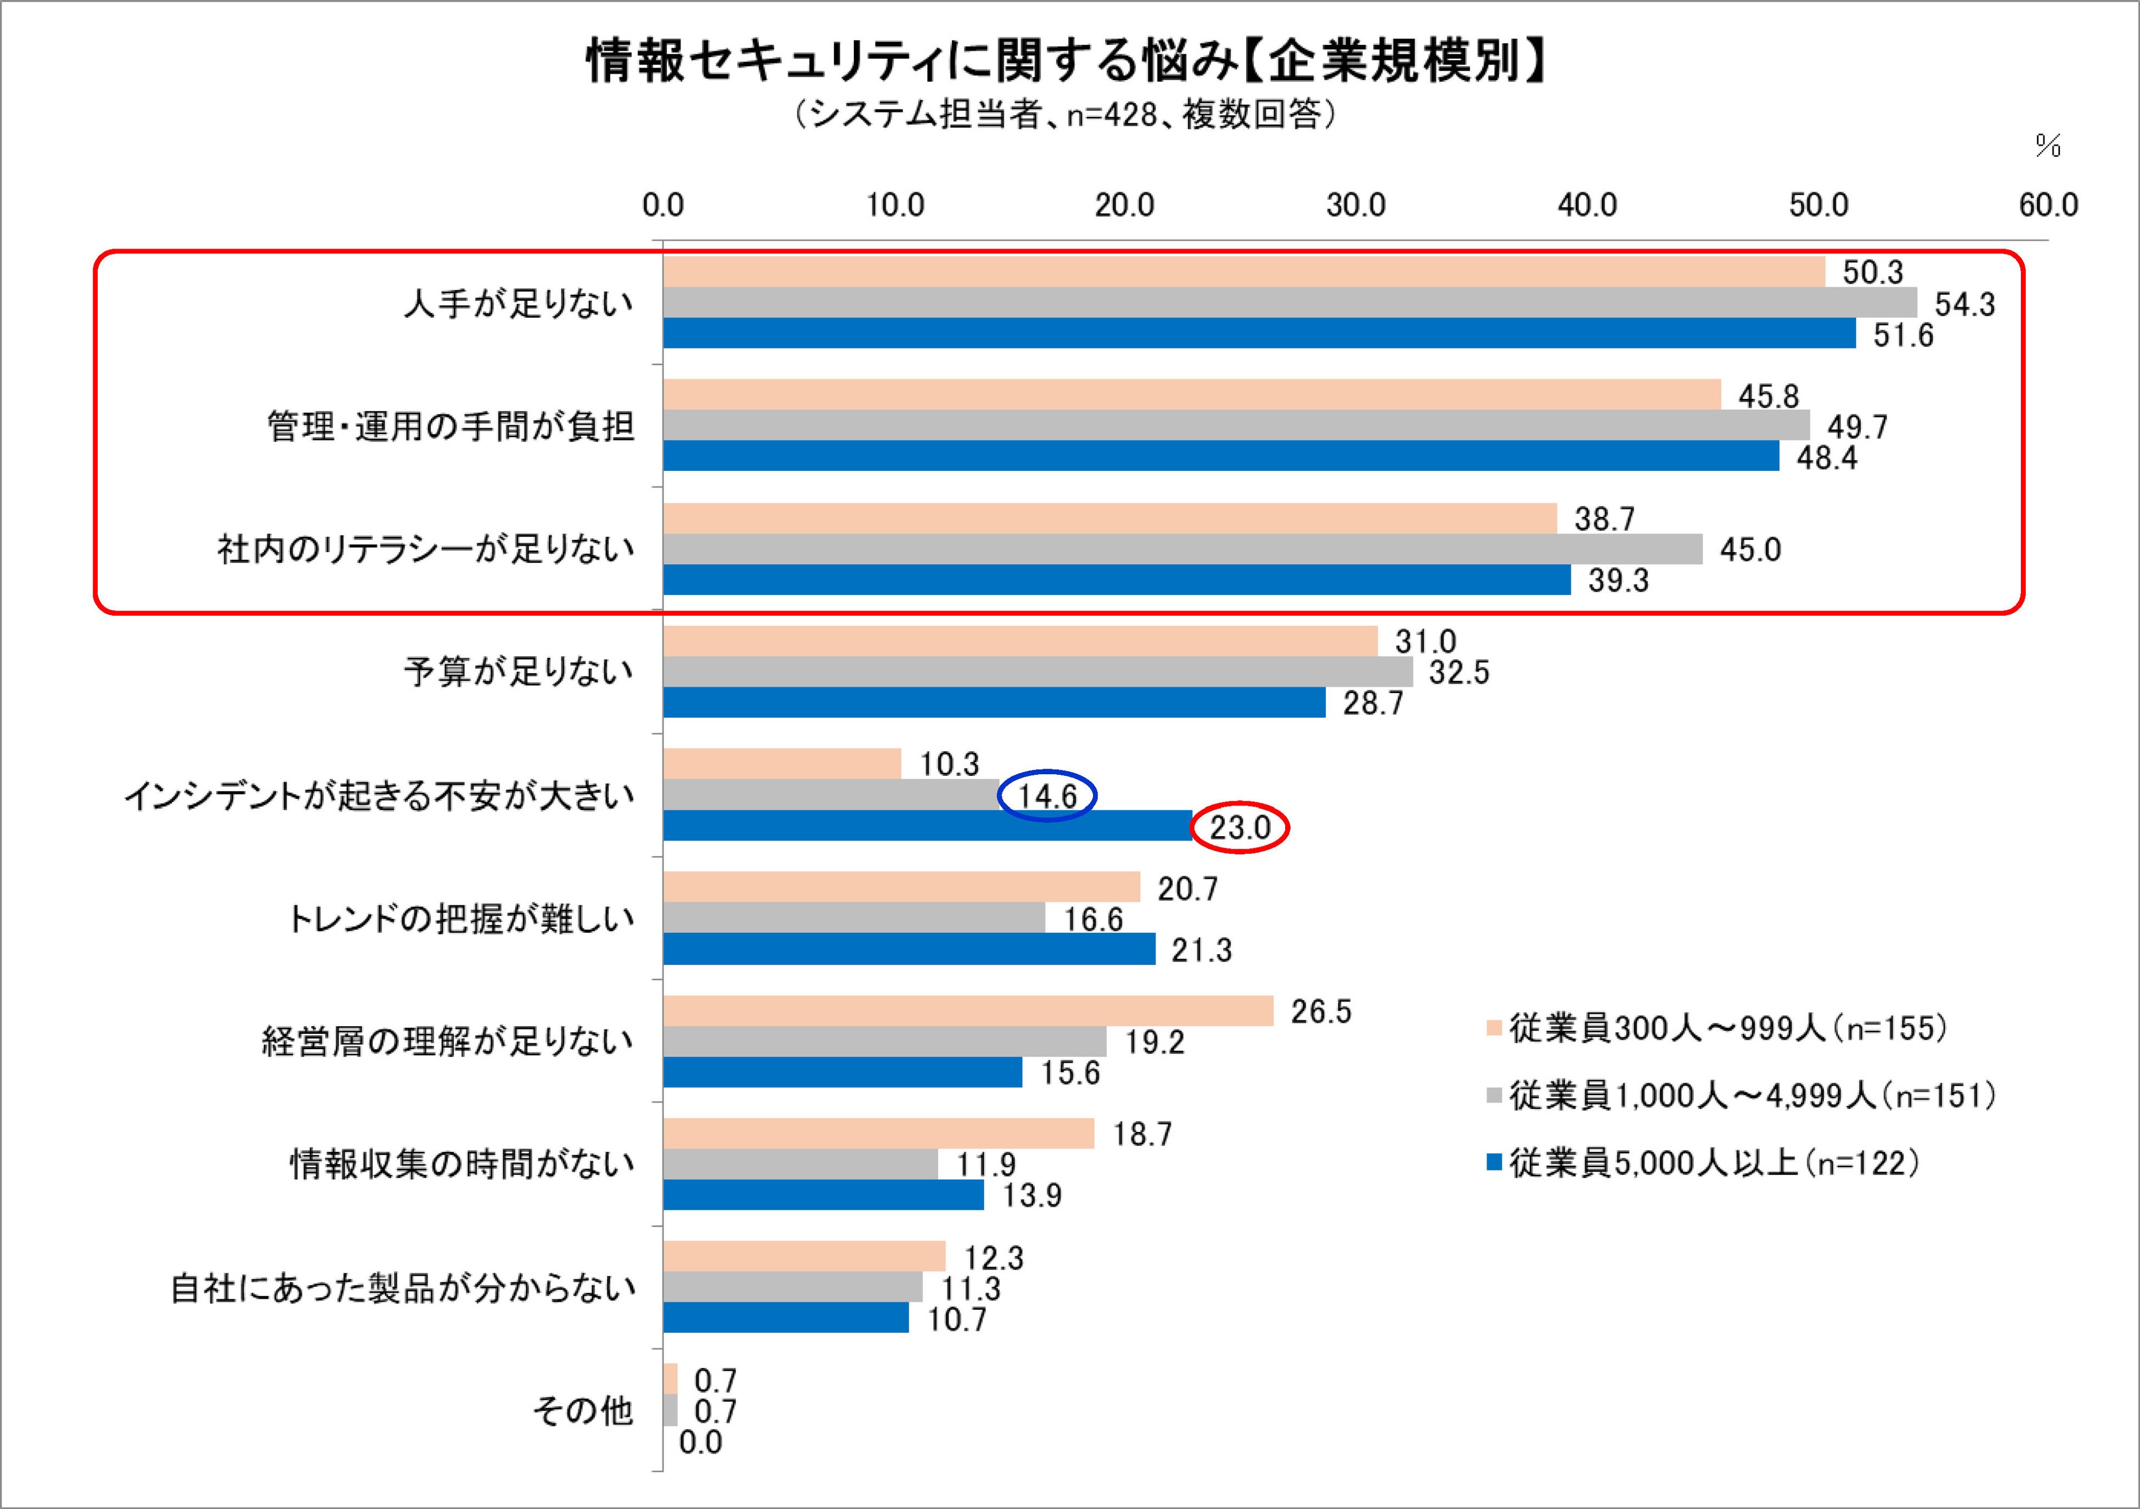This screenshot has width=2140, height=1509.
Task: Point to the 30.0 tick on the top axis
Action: point(1356,206)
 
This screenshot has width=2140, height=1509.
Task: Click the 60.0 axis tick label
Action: point(2049,206)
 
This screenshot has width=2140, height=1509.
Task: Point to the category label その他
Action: point(583,1411)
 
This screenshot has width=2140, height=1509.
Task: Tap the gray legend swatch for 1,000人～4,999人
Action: point(1494,1097)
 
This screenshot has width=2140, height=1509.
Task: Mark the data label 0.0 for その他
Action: point(700,1442)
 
